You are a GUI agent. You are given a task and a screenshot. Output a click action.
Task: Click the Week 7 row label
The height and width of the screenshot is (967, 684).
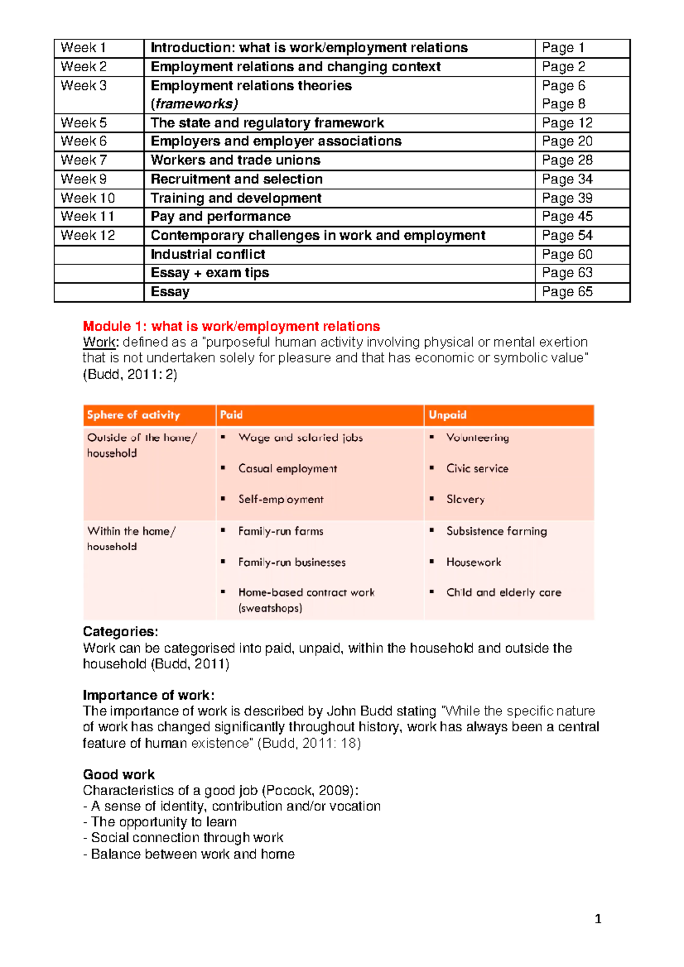[84, 160]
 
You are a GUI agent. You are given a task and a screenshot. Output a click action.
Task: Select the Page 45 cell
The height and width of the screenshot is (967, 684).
[567, 216]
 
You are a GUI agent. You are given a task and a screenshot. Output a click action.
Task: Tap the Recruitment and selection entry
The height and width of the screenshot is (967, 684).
[237, 179]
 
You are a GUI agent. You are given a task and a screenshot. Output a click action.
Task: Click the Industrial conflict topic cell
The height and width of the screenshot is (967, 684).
[207, 254]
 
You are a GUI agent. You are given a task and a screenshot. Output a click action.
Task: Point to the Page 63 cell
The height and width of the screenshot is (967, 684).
[567, 273]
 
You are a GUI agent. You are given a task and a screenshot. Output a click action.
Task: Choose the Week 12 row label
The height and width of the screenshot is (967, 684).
[88, 235]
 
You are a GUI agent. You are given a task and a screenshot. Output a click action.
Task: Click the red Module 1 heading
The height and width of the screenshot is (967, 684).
[231, 326]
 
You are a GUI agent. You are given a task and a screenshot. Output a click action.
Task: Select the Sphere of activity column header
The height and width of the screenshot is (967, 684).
[133, 415]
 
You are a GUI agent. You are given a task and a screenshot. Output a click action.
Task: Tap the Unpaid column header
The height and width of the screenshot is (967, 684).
[447, 415]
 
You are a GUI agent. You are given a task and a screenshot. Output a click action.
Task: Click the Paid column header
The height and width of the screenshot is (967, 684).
[231, 415]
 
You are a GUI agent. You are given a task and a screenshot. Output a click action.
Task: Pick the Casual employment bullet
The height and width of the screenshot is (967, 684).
[287, 469]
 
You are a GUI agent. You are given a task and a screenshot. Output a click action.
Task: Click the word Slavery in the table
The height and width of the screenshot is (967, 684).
[465, 499]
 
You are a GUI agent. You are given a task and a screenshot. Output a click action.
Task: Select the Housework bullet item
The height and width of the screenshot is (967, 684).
[474, 562]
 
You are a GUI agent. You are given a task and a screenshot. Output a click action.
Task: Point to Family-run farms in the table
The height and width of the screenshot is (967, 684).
[280, 531]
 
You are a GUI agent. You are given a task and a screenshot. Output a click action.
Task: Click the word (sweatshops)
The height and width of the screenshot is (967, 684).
[270, 608]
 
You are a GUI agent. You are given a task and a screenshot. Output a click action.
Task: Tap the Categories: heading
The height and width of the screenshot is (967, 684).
[120, 632]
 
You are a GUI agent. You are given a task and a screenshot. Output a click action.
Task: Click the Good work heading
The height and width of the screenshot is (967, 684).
[119, 775]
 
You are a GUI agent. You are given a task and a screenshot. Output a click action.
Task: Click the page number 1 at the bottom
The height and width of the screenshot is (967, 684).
[598, 919]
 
